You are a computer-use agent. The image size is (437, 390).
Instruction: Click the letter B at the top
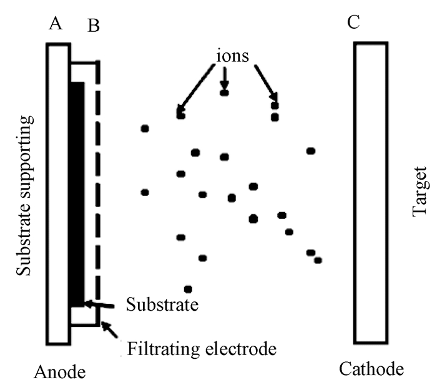pos(94,26)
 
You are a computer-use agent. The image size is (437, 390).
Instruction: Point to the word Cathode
pos(371,369)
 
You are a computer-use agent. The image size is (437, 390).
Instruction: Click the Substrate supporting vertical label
pos(24,193)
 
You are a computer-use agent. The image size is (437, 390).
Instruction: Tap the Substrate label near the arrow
pos(162,305)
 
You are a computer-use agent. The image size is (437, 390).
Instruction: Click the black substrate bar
pos(77,193)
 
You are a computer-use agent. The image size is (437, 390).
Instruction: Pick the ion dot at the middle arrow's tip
pos(225,92)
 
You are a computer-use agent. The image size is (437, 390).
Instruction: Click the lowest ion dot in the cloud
pos(188,289)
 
